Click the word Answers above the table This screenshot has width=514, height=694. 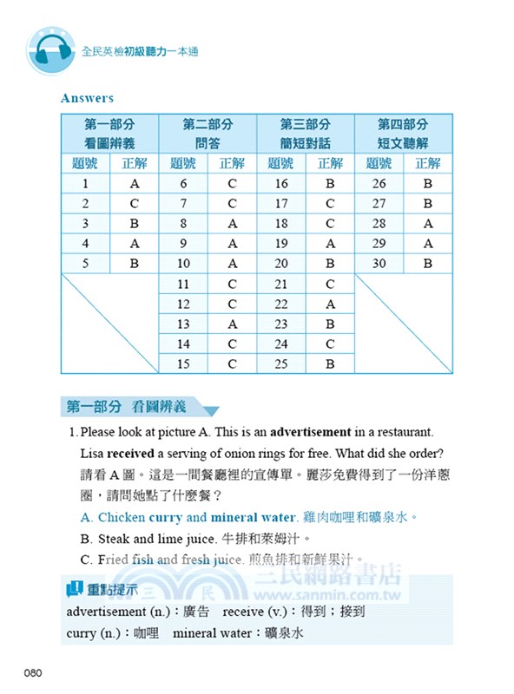(x=87, y=99)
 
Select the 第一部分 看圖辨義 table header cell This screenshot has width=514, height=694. (x=109, y=134)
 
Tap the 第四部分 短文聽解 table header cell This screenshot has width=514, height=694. (x=404, y=134)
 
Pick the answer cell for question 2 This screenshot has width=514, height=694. (x=135, y=204)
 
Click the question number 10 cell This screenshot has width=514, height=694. (x=183, y=264)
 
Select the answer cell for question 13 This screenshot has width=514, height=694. (x=232, y=324)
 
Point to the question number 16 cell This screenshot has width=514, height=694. (x=281, y=184)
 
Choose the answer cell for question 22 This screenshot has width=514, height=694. (x=330, y=304)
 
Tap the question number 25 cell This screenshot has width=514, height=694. (x=281, y=363)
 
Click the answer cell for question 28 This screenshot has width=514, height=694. (x=428, y=224)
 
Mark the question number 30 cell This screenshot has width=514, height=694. (x=379, y=264)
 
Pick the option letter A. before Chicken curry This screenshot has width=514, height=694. (x=86, y=517)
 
